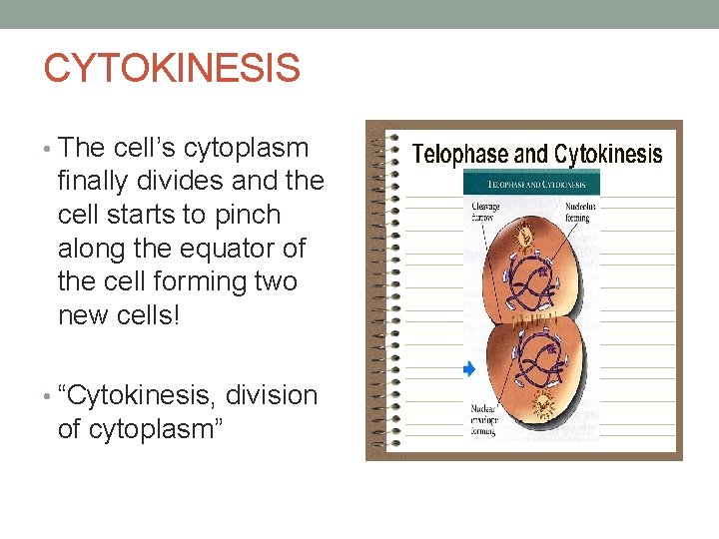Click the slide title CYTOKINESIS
tap(172, 69)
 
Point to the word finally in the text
tap(100, 181)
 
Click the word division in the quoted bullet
tap(272, 395)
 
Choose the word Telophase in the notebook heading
tap(459, 155)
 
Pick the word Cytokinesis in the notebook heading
tap(608, 155)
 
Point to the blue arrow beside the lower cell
tap(469, 369)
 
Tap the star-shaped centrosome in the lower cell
tap(543, 404)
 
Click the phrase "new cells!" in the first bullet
tap(120, 314)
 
